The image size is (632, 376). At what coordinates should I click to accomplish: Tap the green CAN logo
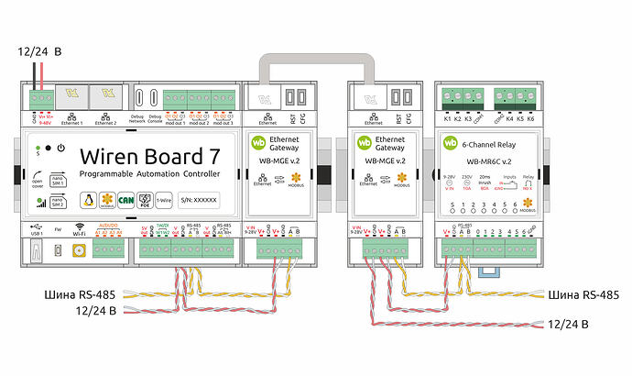coord(127,199)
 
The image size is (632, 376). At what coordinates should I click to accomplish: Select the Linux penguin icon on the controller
coord(88,199)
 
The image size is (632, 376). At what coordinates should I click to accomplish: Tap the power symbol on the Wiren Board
coord(60,148)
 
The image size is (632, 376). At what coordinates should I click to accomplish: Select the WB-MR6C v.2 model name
coord(487,161)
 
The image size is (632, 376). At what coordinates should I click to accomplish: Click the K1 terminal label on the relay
coord(447,119)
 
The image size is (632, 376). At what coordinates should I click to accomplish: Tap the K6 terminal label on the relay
coord(529,119)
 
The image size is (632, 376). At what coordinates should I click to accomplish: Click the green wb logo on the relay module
coord(452,144)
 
